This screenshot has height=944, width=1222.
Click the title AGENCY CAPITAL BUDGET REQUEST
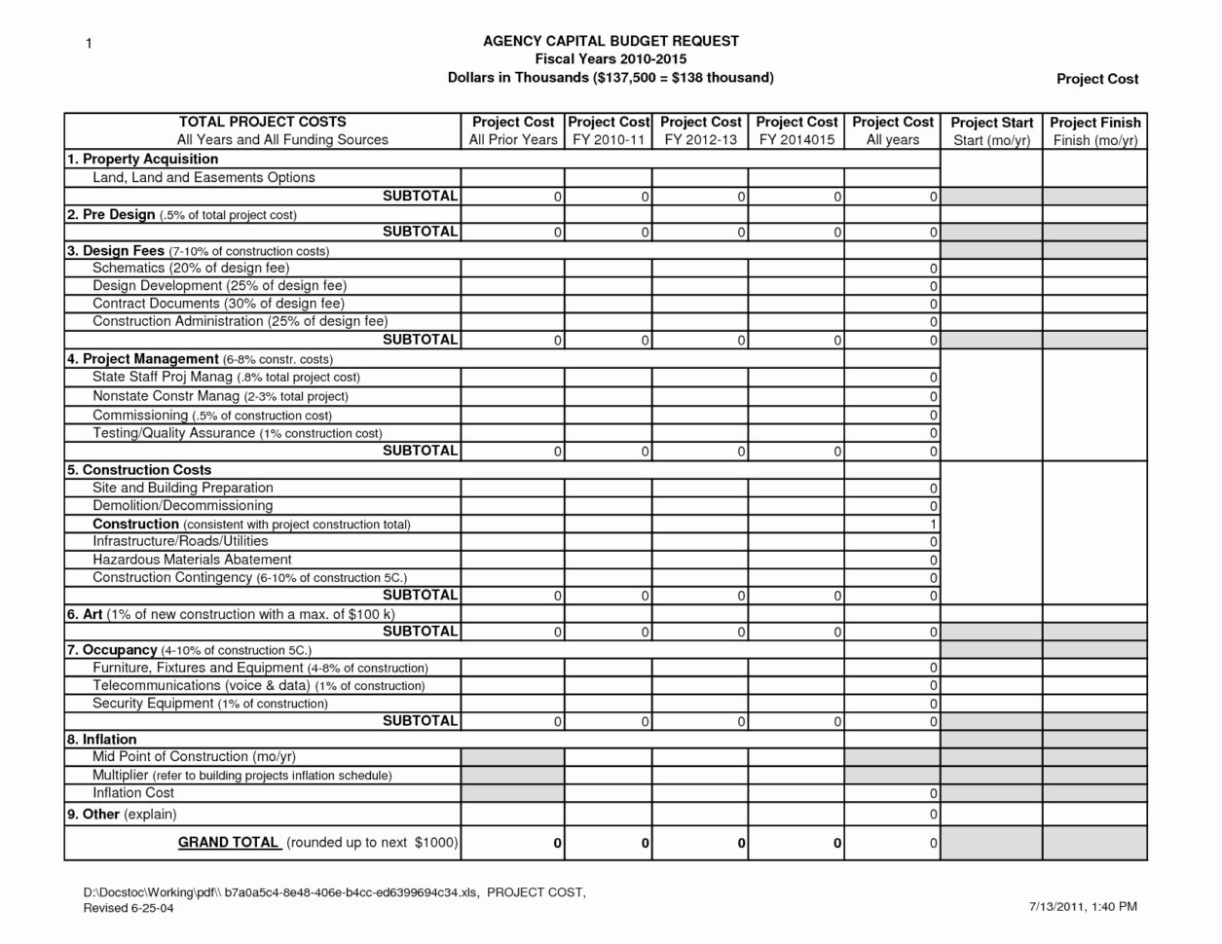[611, 41]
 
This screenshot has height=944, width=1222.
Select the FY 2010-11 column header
[608, 140]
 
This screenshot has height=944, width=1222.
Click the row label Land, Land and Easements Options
[204, 177]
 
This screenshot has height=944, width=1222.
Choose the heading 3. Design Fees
[116, 250]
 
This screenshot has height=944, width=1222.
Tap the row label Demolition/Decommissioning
[182, 505]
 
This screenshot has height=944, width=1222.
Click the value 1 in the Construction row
[933, 525]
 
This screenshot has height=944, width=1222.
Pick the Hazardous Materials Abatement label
[192, 560]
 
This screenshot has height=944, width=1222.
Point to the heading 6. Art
[85, 614]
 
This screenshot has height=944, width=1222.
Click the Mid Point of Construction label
[194, 757]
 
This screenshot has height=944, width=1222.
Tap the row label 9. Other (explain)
[122, 814]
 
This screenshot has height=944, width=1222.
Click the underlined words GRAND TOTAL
[228, 843]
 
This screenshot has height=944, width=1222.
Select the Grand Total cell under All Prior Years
[512, 844]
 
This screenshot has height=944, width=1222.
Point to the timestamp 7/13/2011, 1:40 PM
[1082, 907]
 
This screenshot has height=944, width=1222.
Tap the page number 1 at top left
[88, 44]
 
